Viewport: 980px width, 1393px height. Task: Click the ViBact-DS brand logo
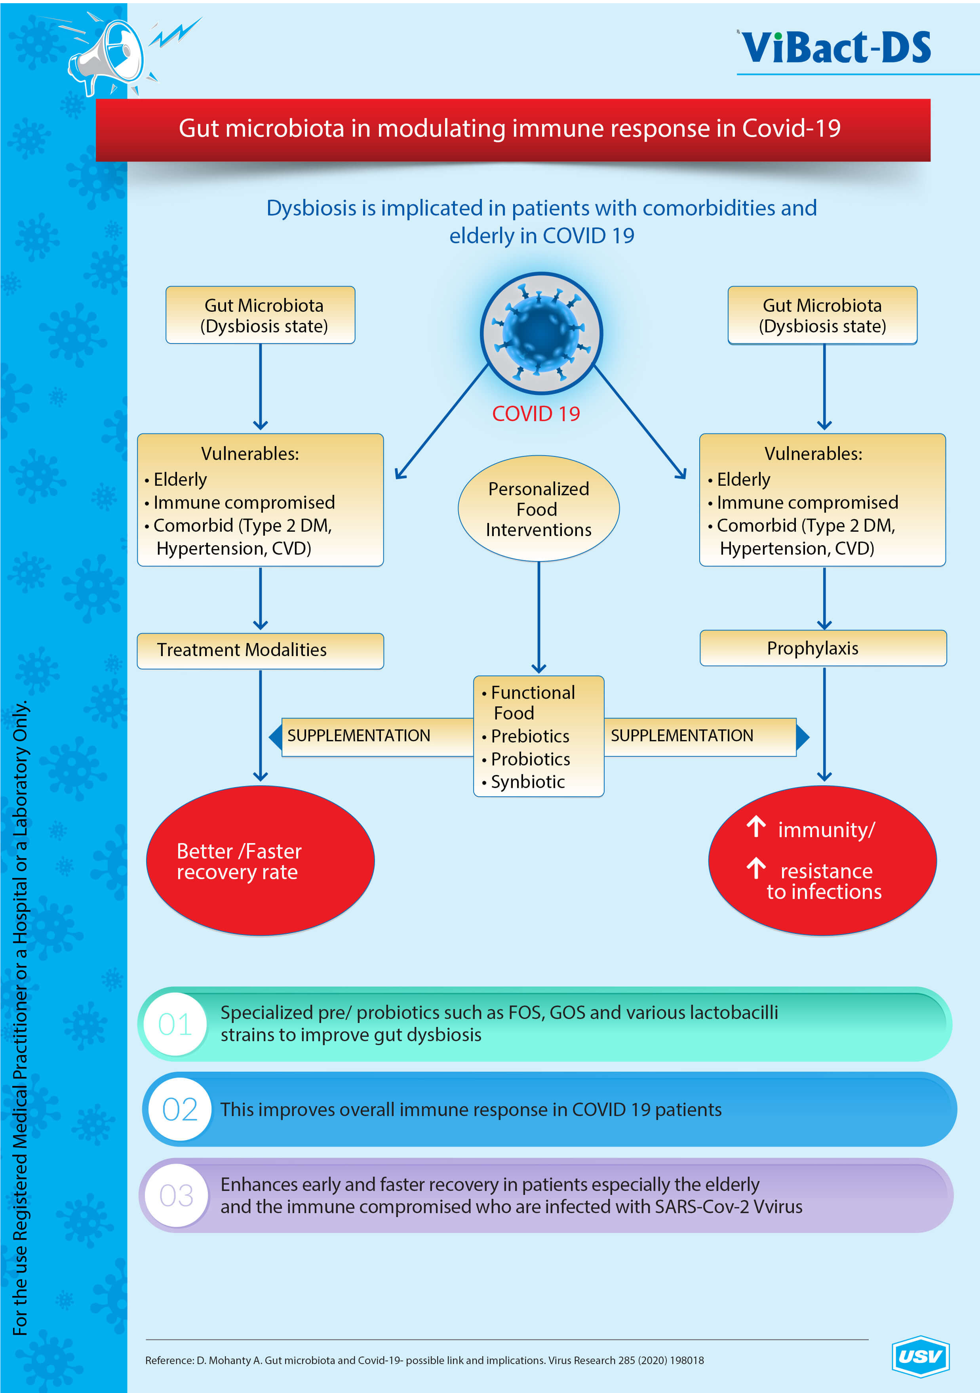(835, 47)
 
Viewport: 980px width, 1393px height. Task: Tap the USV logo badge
(920, 1356)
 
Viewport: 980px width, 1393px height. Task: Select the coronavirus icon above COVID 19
(541, 332)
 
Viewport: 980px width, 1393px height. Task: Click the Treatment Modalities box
(260, 651)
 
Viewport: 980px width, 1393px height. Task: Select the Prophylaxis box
(823, 648)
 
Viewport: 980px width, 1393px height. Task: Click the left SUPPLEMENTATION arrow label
(358, 736)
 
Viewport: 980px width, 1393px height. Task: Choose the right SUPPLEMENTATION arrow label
(682, 736)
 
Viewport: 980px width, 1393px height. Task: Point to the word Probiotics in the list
(530, 759)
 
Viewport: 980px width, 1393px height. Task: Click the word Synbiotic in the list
(527, 782)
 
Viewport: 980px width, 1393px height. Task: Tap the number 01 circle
(175, 1025)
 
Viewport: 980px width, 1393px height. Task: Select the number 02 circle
(180, 1110)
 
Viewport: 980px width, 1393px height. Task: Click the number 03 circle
(177, 1196)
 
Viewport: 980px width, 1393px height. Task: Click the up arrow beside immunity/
(755, 826)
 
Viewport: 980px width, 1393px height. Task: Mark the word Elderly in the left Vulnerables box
(180, 480)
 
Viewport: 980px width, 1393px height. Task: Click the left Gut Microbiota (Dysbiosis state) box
(260, 315)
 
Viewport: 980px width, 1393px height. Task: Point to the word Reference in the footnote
(169, 1360)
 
